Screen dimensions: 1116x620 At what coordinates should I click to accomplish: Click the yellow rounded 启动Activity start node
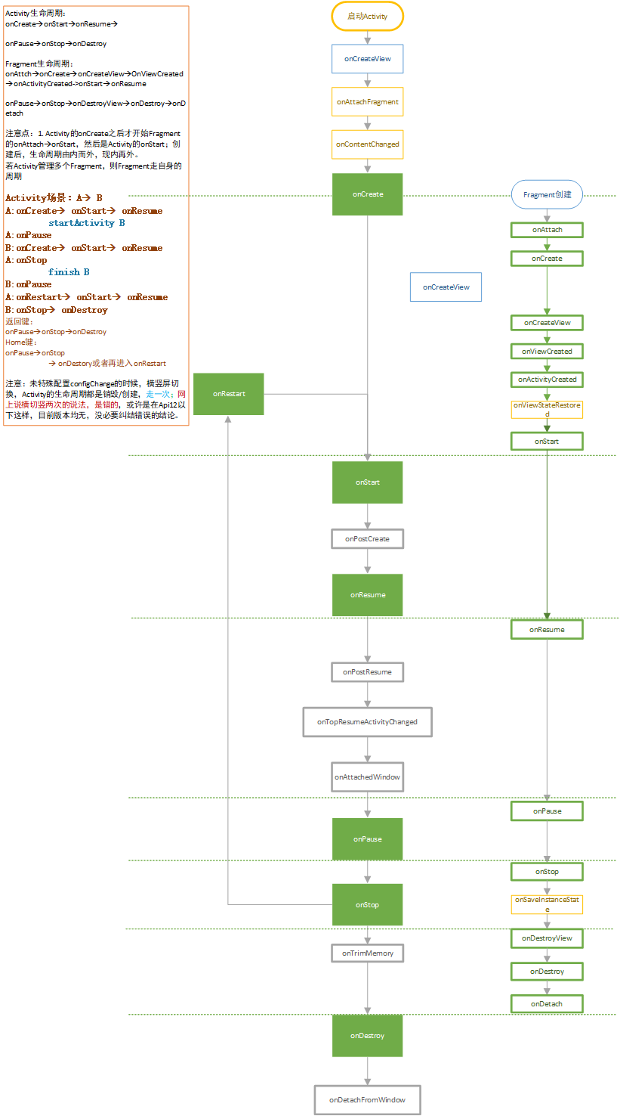pyautogui.click(x=367, y=16)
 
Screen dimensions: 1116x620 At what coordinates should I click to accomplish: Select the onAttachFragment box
pyautogui.click(x=367, y=101)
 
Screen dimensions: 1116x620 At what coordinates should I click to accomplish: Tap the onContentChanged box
pyautogui.click(x=367, y=144)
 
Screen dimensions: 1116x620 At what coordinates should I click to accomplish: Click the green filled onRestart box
pyautogui.click(x=229, y=393)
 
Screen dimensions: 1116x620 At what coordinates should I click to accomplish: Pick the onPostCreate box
pyautogui.click(x=367, y=538)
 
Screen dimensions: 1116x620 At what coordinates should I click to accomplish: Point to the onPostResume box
pyautogui.click(x=367, y=671)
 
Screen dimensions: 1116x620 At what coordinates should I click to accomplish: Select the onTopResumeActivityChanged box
pyautogui.click(x=367, y=722)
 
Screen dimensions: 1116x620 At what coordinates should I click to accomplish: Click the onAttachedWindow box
pyautogui.click(x=367, y=777)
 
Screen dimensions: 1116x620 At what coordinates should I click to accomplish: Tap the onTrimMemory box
pyautogui.click(x=367, y=953)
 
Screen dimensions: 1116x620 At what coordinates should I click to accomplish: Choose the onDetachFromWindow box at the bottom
pyautogui.click(x=367, y=1099)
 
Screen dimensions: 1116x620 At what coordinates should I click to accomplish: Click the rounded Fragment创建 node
pyautogui.click(x=547, y=194)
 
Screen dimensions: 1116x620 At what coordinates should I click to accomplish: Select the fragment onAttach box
pyautogui.click(x=547, y=229)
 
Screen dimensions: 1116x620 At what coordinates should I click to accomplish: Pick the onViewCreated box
pyautogui.click(x=547, y=351)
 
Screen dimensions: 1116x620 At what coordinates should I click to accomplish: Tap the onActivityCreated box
pyautogui.click(x=547, y=379)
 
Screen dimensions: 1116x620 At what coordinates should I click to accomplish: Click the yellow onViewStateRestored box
pyautogui.click(x=547, y=410)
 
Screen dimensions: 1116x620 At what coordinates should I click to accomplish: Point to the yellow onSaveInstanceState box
pyautogui.click(x=547, y=904)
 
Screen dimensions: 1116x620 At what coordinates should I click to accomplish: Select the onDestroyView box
pyautogui.click(x=547, y=938)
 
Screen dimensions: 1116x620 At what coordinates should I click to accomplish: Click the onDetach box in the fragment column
pyautogui.click(x=547, y=1003)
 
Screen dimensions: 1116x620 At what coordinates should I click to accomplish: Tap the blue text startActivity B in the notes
pyautogui.click(x=86, y=223)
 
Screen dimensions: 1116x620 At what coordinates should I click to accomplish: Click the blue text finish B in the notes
pyautogui.click(x=69, y=271)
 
